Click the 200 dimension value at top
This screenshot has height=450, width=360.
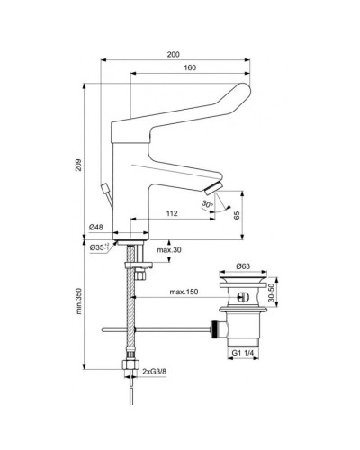coord(173,54)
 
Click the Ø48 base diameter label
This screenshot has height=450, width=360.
coord(99,229)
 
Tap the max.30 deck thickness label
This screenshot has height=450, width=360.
coord(169,249)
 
